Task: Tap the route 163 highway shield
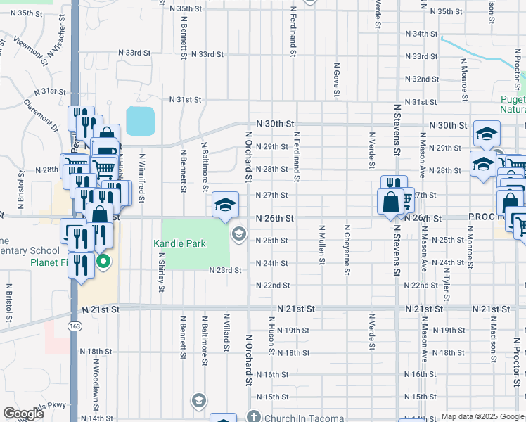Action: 74,326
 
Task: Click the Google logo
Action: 23,414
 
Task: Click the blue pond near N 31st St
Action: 141,121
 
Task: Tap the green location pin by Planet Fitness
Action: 103,264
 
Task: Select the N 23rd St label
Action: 224,270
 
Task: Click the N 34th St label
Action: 421,34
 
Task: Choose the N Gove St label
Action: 337,77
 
